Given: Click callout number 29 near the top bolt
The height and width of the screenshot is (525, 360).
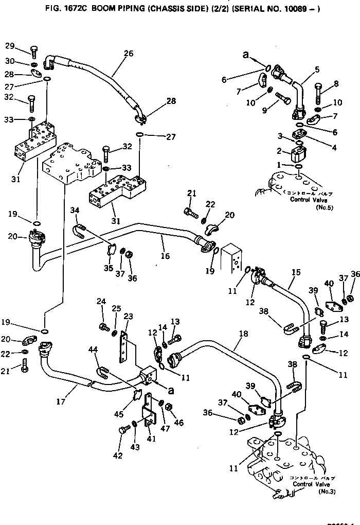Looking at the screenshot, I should click(x=10, y=46).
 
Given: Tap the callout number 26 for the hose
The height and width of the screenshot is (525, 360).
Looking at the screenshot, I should click(x=128, y=53).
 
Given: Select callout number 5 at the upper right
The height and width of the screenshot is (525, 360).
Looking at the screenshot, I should click(x=317, y=69).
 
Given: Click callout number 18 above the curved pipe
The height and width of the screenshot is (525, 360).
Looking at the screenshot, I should click(x=243, y=334).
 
